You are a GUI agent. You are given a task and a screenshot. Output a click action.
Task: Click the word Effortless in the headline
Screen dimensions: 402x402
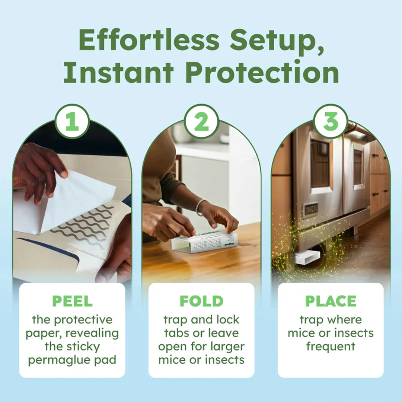point(149,40)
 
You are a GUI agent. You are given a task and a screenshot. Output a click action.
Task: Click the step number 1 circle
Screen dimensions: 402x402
point(72,121)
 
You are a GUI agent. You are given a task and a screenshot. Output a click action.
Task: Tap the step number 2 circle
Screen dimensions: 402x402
point(201,121)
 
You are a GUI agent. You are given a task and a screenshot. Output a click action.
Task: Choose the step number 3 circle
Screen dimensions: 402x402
point(331,121)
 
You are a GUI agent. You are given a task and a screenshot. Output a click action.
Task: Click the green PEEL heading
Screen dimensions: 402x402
point(72,301)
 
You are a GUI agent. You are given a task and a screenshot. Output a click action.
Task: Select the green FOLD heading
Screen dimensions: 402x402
point(201,301)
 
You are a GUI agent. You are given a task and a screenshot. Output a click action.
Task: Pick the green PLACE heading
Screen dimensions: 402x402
point(331,301)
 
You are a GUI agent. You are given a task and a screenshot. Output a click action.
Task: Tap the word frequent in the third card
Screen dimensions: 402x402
point(331,347)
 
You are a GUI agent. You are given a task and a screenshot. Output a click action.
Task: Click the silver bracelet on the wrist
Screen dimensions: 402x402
point(200,207)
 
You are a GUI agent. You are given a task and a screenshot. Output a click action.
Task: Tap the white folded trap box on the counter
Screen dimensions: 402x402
point(204,242)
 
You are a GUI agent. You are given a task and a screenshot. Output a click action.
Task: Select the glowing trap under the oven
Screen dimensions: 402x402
point(307,256)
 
